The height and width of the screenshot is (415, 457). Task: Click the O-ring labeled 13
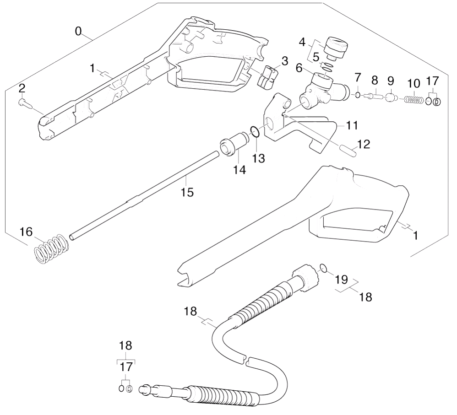[255, 132]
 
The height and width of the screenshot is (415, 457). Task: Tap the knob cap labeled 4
[336, 48]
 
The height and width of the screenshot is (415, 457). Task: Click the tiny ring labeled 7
[358, 95]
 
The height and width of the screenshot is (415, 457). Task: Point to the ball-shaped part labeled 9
[390, 97]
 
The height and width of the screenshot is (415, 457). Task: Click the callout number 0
[78, 31]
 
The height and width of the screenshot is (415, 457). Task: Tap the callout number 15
[187, 192]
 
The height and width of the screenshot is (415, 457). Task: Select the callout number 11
[352, 125]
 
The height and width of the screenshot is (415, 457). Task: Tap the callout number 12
[364, 144]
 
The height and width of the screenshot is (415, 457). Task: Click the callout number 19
[341, 280]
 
